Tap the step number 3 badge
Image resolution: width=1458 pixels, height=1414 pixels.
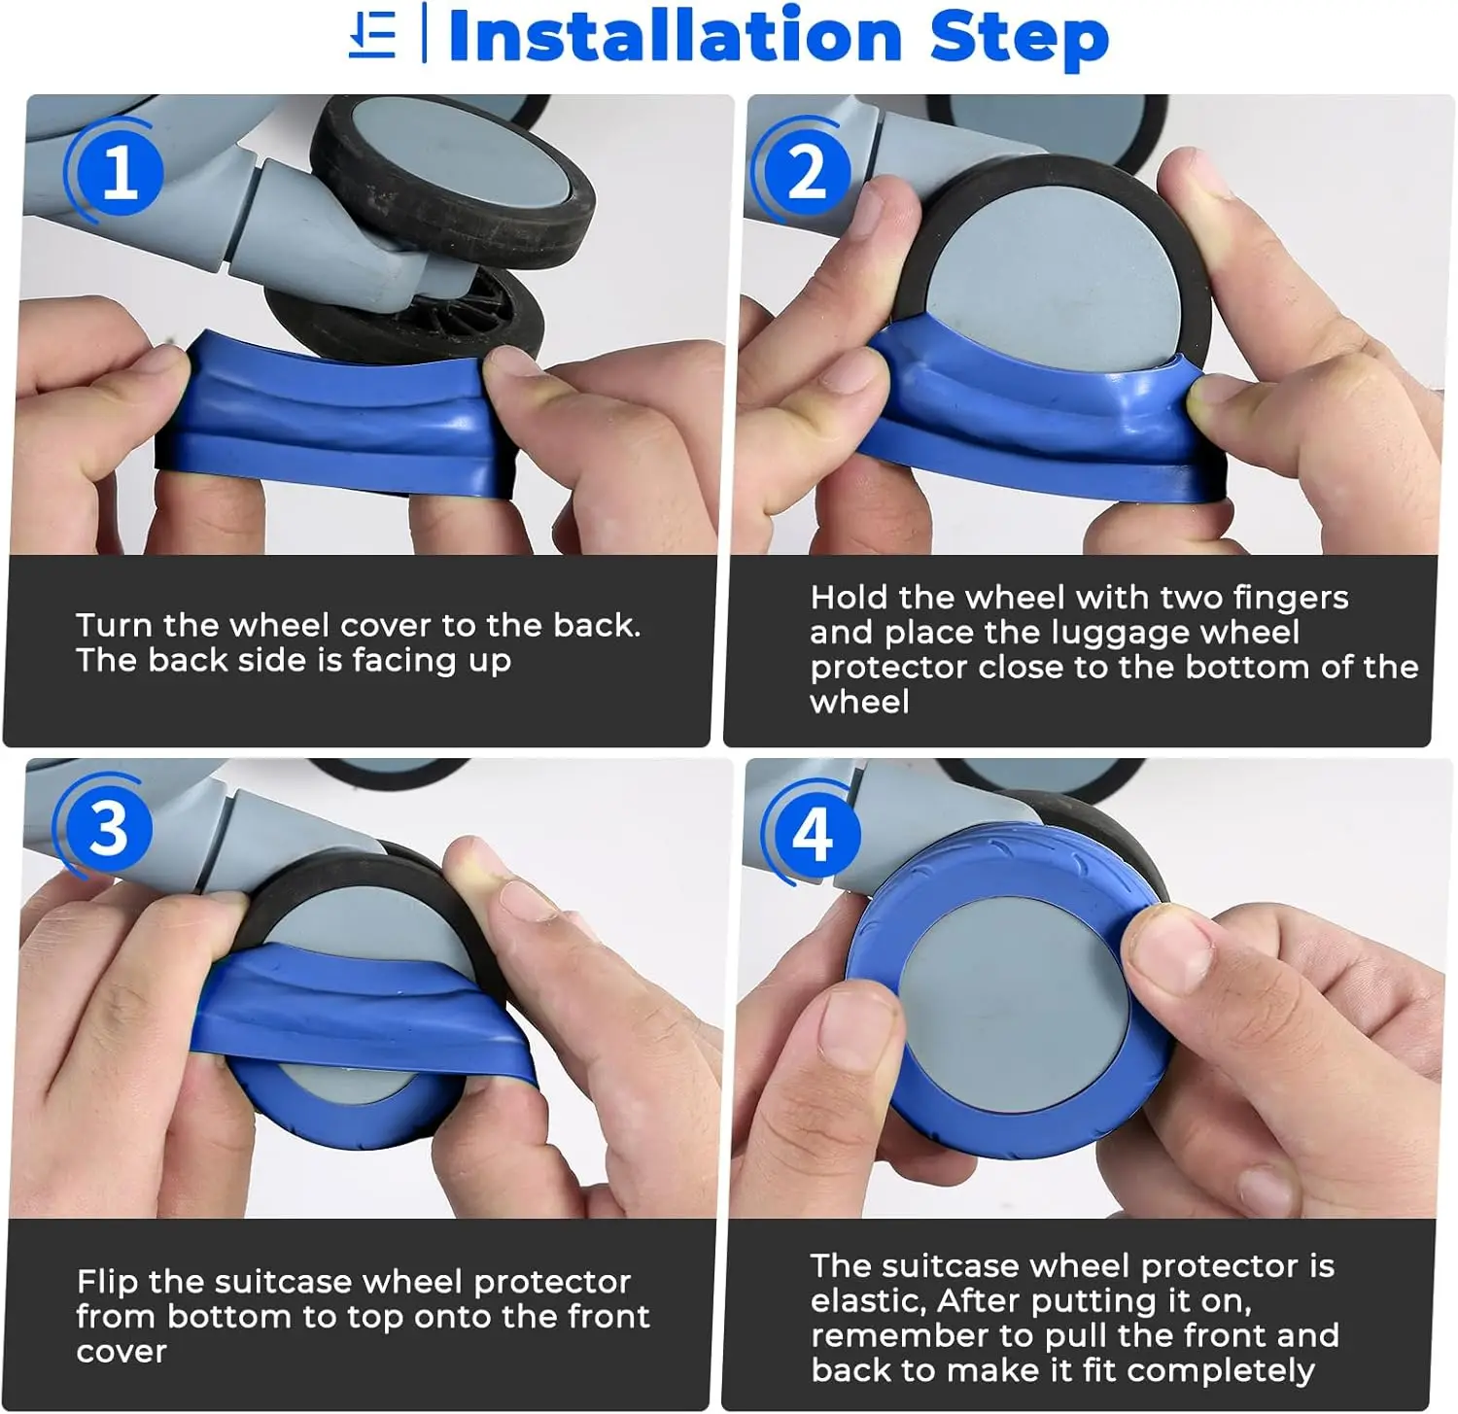pos(109,829)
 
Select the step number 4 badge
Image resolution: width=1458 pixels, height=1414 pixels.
pos(813,833)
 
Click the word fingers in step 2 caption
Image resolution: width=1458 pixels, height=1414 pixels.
pos(1290,599)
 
